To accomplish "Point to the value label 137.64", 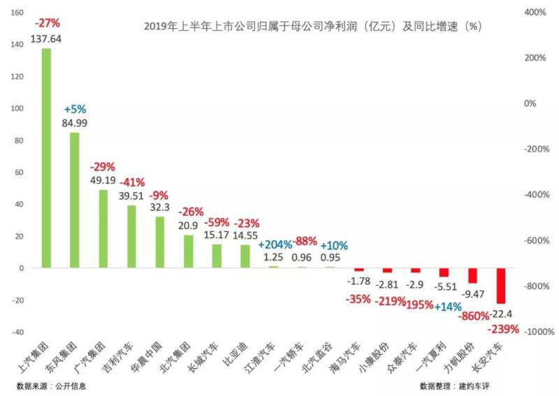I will [x=47, y=39].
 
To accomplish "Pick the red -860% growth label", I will [x=473, y=316].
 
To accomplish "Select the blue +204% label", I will [x=275, y=245].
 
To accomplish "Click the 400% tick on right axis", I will [x=535, y=13].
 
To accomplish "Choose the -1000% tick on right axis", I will [x=532, y=332].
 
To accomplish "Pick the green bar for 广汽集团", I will [x=103, y=229].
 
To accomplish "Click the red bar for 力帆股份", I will [x=472, y=275].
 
